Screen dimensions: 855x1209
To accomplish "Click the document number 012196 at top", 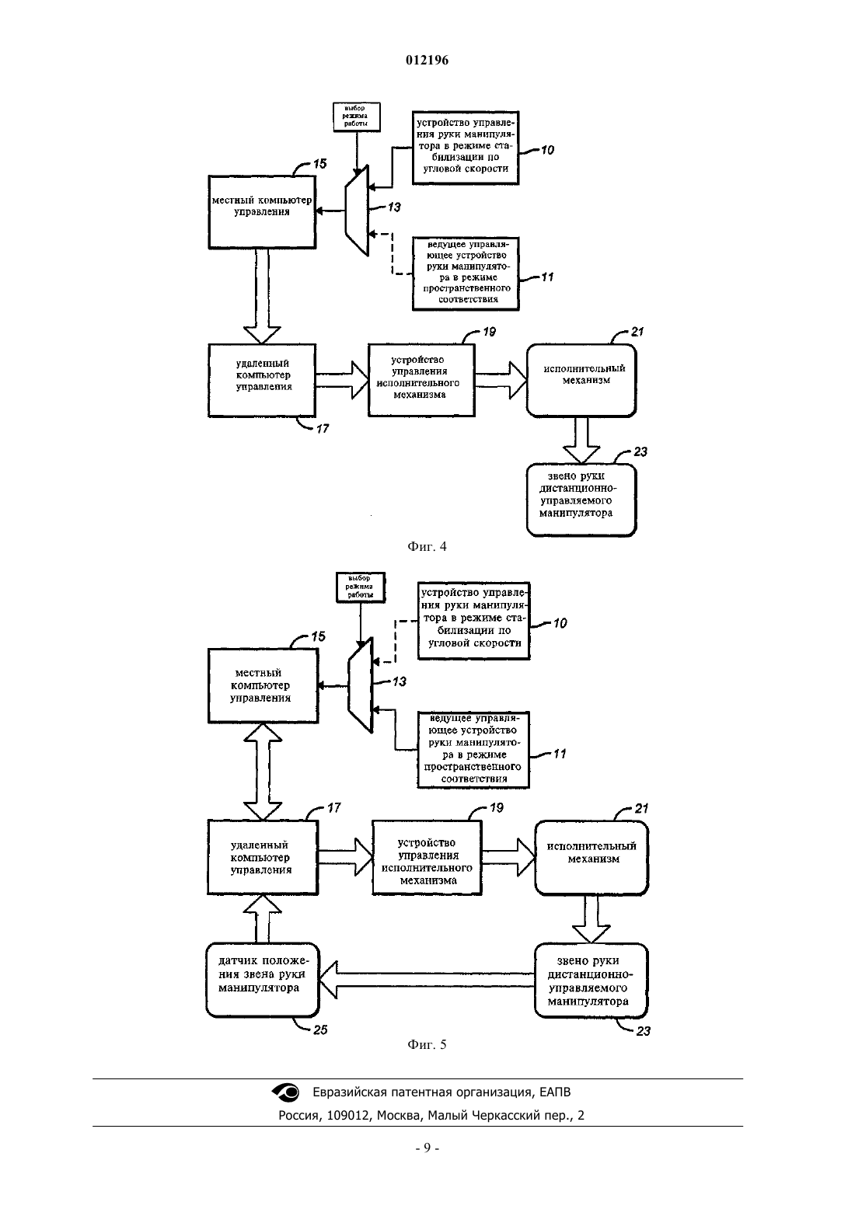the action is click(x=427, y=60).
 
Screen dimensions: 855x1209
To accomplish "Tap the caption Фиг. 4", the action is click(x=427, y=546).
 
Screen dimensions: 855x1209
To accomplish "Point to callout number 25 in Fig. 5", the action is click(x=320, y=1030).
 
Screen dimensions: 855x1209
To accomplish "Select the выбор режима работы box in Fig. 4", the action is click(x=356, y=117).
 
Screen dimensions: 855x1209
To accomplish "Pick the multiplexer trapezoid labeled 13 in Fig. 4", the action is click(x=357, y=210).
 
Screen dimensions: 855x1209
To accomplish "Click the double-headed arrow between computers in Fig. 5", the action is click(x=263, y=772).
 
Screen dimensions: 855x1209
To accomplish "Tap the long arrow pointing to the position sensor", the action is click(x=427, y=980).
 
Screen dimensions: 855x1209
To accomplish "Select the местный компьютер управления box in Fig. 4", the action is click(x=263, y=211).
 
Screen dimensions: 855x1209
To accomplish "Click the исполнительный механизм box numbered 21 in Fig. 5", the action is click(x=592, y=858).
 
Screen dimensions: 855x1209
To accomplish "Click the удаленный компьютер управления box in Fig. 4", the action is click(x=262, y=381).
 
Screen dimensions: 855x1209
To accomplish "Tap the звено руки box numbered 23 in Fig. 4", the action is click(x=581, y=500).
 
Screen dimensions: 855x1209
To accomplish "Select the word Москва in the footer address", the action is click(x=398, y=1115).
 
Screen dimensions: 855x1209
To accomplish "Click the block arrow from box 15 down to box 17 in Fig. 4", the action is click(x=263, y=296).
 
